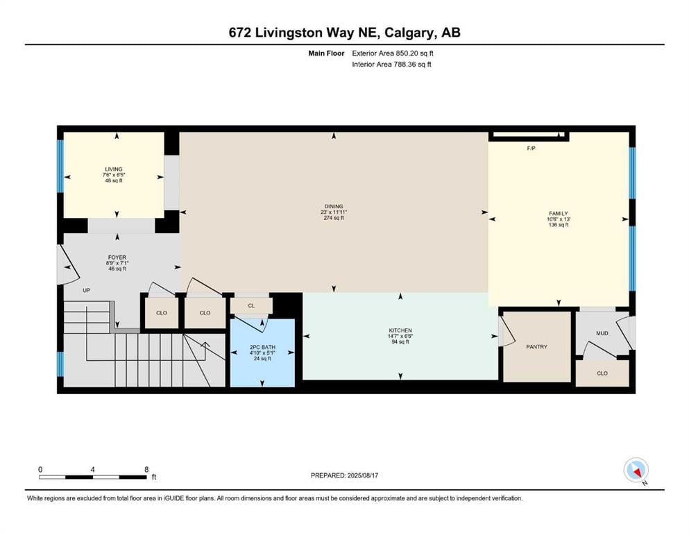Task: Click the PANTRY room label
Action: pos(536,347)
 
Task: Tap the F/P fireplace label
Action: pos(531,149)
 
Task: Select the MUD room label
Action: pos(602,334)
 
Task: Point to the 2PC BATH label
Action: pos(262,347)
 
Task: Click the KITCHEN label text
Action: pos(400,330)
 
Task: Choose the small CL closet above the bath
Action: pos(251,306)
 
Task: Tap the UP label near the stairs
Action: pos(87,291)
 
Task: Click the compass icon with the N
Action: pos(636,471)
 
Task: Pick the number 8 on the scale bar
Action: pos(146,469)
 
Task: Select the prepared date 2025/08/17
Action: pos(362,475)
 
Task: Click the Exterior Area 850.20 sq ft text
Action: pos(393,53)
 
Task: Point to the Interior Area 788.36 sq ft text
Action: pos(391,64)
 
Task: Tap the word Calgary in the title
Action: pos(409,33)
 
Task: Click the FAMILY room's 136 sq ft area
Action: pos(559,225)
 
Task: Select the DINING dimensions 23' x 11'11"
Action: pos(334,212)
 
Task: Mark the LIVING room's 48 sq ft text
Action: pos(114,180)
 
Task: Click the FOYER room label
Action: pos(117,257)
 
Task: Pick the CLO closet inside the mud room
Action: pos(602,373)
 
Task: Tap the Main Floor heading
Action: pos(326,53)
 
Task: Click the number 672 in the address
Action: pos(240,33)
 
